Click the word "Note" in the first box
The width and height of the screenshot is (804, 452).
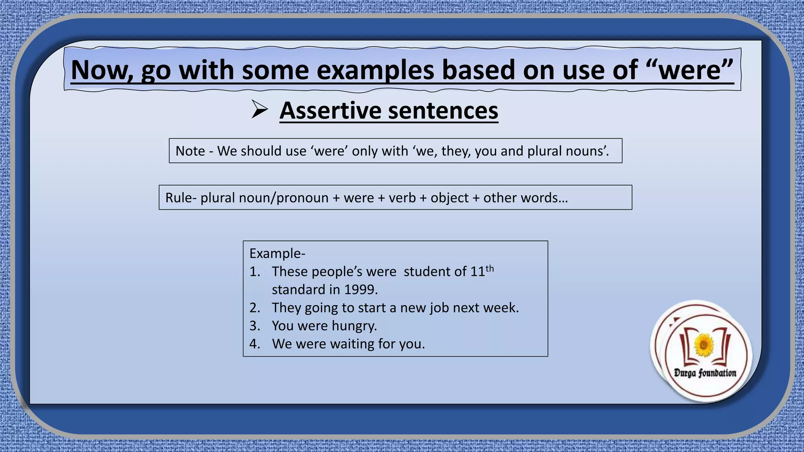[190, 151]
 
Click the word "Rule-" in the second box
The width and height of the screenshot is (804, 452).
[181, 198]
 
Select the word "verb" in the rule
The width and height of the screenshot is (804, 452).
[402, 198]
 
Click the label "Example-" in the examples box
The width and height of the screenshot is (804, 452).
[277, 253]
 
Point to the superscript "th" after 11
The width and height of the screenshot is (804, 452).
[490, 268]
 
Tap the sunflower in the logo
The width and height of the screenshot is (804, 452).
[704, 344]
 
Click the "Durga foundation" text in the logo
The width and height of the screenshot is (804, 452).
[705, 373]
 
